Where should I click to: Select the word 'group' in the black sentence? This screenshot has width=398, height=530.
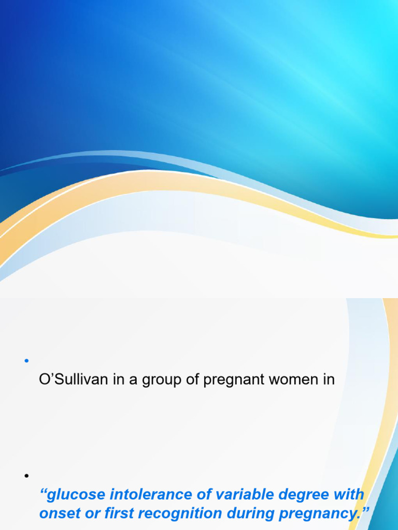153,381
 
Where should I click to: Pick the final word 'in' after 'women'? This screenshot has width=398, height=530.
329,380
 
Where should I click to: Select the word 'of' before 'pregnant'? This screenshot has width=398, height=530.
187,380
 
